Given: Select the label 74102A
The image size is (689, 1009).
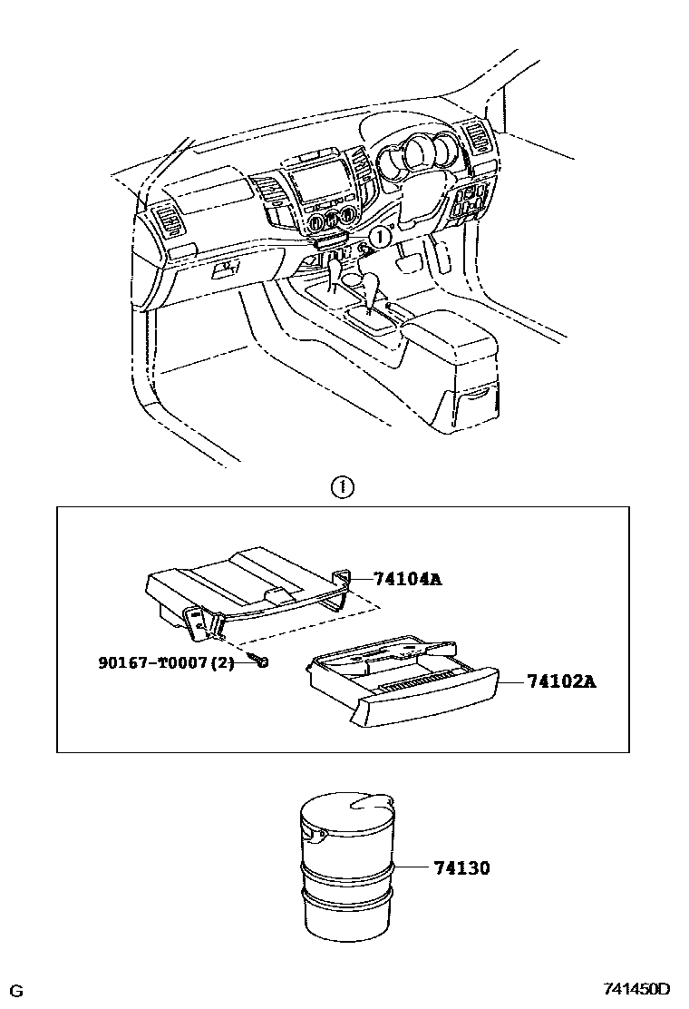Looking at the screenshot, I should (562, 681).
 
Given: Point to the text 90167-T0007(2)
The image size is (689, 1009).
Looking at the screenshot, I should (167, 663).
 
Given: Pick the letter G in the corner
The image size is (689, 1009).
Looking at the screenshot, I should (16, 989).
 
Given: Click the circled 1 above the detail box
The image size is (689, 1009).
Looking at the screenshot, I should (343, 487).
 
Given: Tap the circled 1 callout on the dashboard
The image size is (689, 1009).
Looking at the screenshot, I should (380, 235).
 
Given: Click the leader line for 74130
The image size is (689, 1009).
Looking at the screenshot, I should (412, 868).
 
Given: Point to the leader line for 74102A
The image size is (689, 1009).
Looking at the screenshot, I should (513, 681).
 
